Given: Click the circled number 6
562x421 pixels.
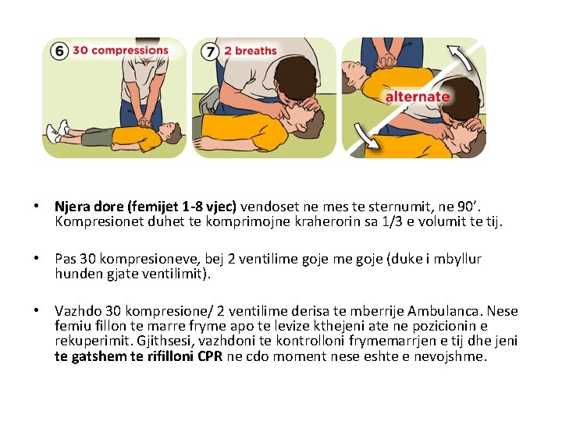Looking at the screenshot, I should [x=59, y=51].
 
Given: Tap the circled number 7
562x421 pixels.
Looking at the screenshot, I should [x=209, y=51].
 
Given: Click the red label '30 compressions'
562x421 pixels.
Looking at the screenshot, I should [x=120, y=51].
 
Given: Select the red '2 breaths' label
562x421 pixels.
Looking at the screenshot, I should [x=251, y=51].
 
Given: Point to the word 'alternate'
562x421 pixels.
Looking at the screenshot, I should [x=417, y=97].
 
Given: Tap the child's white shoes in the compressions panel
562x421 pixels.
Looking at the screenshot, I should [x=56, y=132].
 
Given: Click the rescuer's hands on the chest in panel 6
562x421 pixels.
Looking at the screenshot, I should [x=145, y=122].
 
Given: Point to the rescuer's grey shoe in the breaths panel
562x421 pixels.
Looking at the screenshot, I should [x=209, y=101].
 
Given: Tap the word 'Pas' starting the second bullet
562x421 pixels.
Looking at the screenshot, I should [x=66, y=259].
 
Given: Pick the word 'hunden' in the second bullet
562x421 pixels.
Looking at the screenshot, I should [x=75, y=274].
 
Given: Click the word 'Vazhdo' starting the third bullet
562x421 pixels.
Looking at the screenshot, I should [x=75, y=312].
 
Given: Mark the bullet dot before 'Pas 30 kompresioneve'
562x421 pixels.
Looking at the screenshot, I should [x=36, y=258].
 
